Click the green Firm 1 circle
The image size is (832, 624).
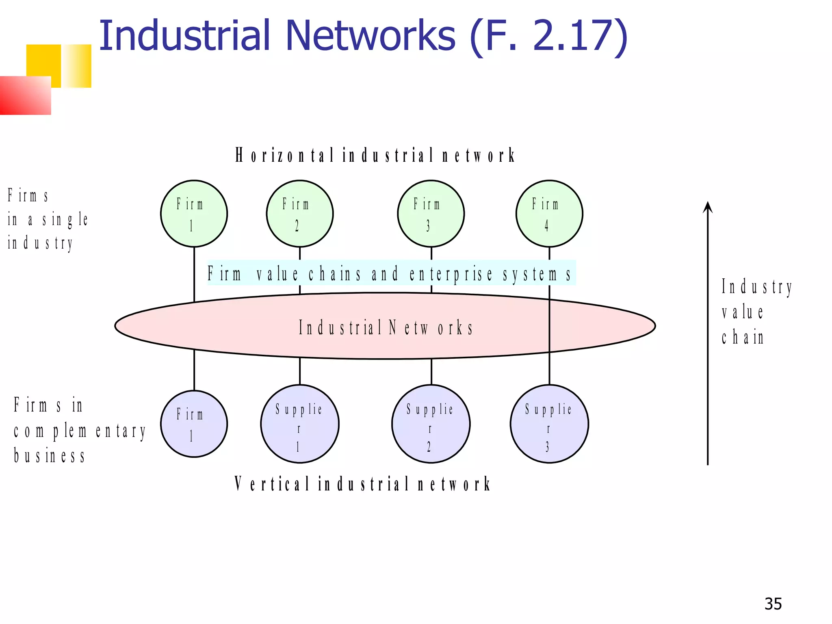tap(194, 214)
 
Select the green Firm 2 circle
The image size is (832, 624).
tap(300, 214)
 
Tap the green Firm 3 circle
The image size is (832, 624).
tap(431, 214)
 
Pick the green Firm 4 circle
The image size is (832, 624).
tap(549, 214)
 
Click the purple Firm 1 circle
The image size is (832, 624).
tap(194, 424)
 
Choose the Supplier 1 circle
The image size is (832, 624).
tap(300, 424)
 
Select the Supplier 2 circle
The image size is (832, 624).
tap(431, 424)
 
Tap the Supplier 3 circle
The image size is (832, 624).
tap(549, 424)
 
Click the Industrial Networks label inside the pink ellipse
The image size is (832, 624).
tap(386, 327)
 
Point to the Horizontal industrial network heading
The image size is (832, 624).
tap(375, 155)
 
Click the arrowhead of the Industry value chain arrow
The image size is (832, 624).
tap(708, 207)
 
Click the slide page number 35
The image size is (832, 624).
tap(773, 604)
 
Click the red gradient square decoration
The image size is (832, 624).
tap(25, 95)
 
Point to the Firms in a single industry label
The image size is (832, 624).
tap(47, 219)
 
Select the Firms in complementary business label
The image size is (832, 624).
tap(79, 430)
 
